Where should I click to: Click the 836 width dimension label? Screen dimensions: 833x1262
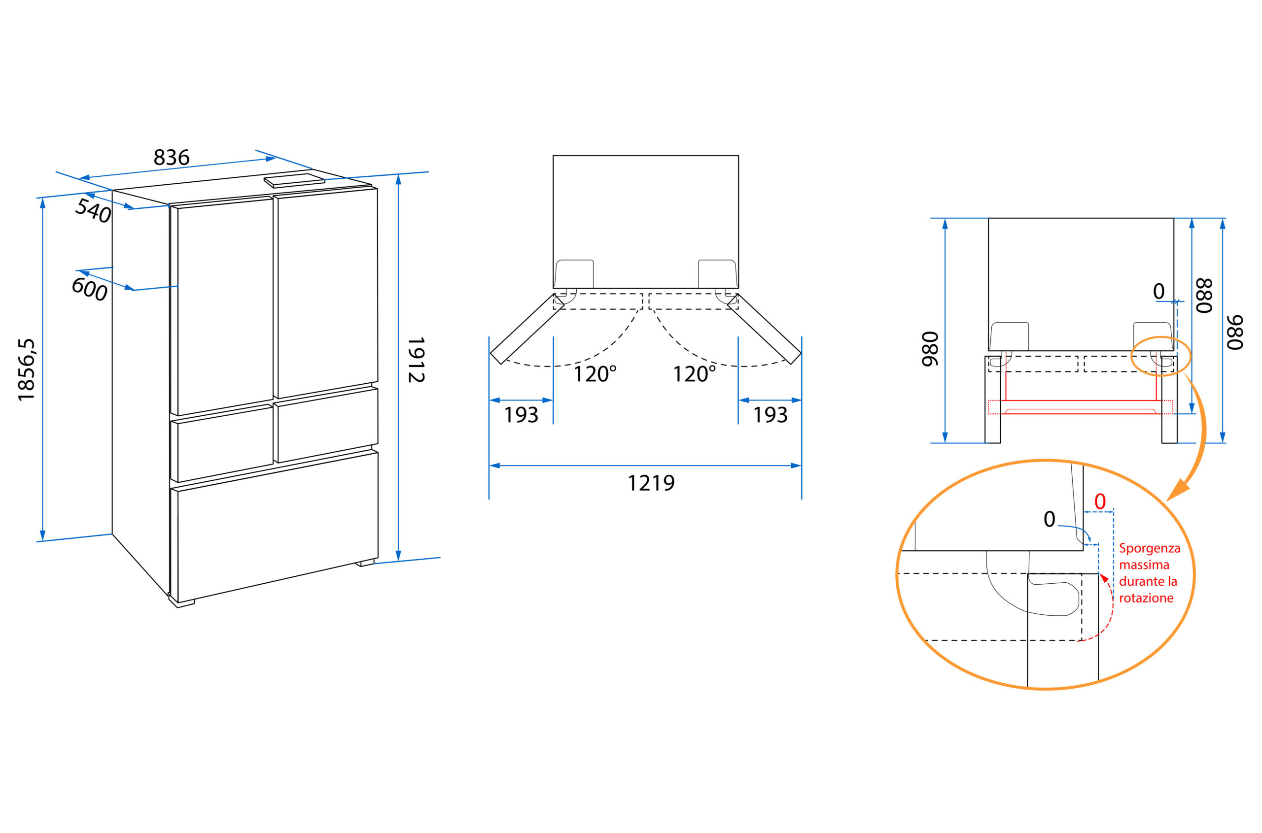click(171, 158)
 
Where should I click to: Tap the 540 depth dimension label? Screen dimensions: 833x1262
click(93, 210)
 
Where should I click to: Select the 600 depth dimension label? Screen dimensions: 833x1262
click(89, 290)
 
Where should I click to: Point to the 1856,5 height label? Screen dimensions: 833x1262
click(26, 370)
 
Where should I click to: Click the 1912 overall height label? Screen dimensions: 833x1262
click(416, 360)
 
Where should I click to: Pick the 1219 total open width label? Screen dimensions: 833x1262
click(651, 483)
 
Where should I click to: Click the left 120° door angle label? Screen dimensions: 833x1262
click(595, 374)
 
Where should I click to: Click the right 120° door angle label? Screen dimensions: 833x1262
click(694, 374)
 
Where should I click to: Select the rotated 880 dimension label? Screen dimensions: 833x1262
click(1203, 296)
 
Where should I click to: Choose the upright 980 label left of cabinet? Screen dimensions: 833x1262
click(930, 349)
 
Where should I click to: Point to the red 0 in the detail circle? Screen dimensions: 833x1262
click(1100, 501)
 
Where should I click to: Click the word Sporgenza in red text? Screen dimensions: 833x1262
click(1149, 548)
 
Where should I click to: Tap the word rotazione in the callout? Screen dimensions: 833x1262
click(1146, 598)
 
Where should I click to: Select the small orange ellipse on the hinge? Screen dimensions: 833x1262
click(1160, 356)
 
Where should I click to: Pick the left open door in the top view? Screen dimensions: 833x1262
click(527, 330)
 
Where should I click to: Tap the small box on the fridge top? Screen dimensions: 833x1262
click(294, 181)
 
